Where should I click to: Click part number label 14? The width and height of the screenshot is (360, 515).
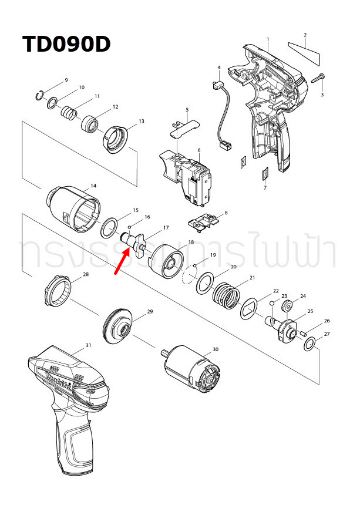[92, 187]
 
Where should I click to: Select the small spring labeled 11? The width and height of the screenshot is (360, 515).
[70, 110]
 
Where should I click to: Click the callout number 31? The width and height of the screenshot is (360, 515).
[88, 345]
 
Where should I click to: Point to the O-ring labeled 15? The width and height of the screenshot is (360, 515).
[110, 227]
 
